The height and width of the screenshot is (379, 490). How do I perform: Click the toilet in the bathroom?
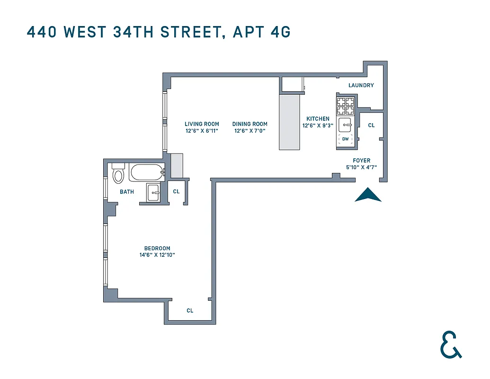[118, 174]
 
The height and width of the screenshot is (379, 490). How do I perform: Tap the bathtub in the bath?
[147, 172]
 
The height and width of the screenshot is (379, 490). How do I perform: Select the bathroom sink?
[154, 192]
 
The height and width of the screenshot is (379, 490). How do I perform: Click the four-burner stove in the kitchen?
[345, 107]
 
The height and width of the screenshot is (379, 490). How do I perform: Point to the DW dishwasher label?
[345, 139]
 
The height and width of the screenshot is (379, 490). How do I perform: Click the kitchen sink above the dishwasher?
[345, 126]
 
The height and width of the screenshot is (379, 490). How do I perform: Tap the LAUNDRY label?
[361, 86]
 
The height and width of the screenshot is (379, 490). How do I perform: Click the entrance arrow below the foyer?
[368, 195]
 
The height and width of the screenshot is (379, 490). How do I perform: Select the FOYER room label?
[361, 161]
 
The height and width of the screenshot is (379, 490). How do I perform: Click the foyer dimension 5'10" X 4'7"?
[361, 167]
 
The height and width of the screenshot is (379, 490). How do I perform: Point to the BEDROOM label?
[157, 249]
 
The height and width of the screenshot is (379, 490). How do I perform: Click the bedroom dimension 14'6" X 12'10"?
[157, 255]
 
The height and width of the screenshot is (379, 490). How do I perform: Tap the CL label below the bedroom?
[190, 311]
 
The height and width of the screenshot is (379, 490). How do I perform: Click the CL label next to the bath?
[176, 192]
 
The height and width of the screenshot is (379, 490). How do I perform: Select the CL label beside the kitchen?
[371, 126]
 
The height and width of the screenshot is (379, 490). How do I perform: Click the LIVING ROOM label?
[201, 125]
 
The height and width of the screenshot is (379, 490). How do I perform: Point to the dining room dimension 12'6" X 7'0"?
[249, 131]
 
